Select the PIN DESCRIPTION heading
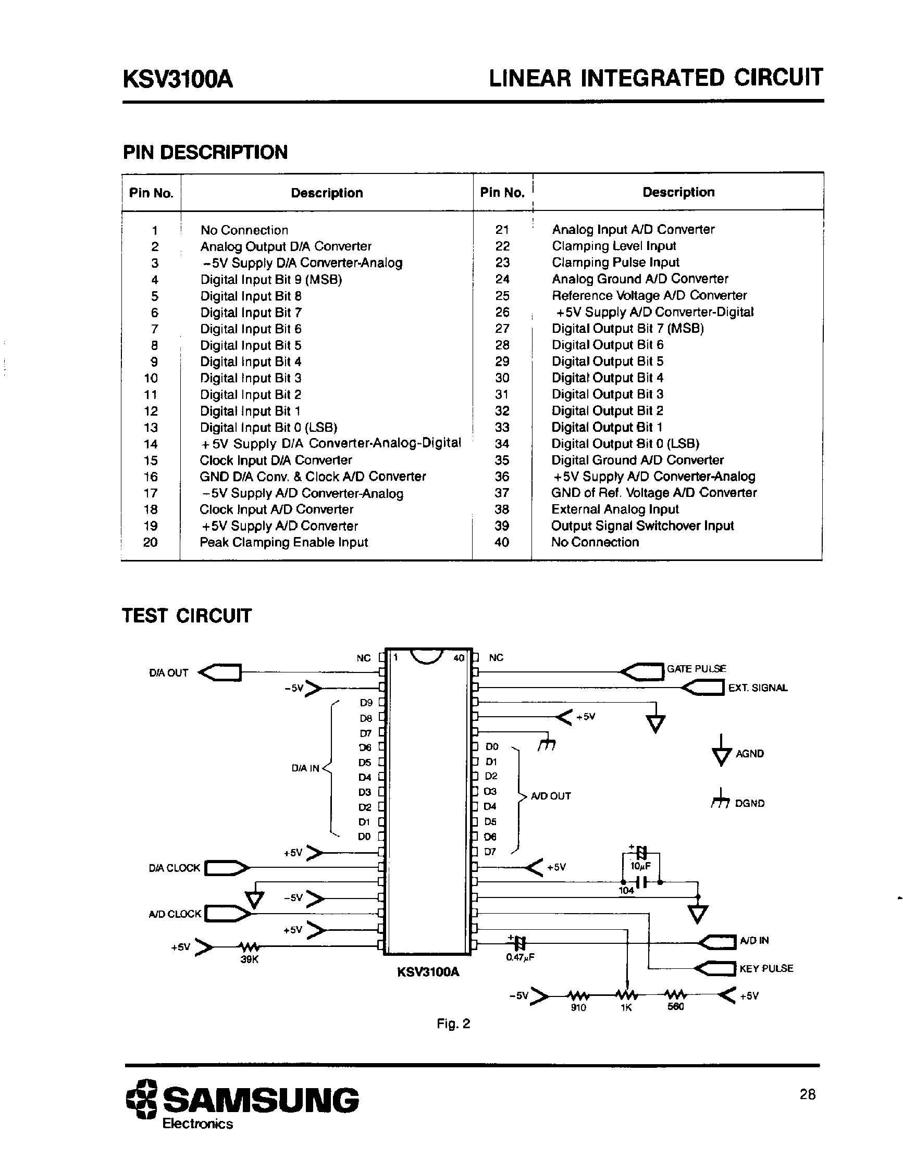[x=205, y=153]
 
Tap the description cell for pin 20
[x=283, y=542]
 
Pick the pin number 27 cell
[x=502, y=329]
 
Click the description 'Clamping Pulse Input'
[x=615, y=263]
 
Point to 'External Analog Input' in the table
[x=614, y=509]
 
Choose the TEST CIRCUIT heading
[x=187, y=616]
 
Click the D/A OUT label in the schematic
[x=168, y=673]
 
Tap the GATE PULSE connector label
[x=696, y=669]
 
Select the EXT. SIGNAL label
[x=758, y=688]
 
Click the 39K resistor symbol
[x=249, y=946]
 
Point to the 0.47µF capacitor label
[x=520, y=957]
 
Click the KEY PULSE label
[x=766, y=968]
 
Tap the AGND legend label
[x=749, y=754]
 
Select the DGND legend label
[x=749, y=804]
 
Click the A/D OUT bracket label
[x=551, y=796]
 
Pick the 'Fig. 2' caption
[x=453, y=1024]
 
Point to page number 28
[x=808, y=1094]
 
